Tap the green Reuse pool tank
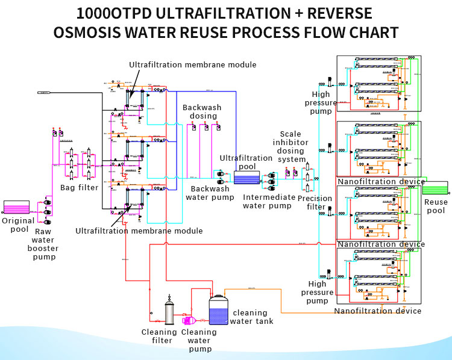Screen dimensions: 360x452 point(435,188)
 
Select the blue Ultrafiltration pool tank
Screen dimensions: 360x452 point(246,178)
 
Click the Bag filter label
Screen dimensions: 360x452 point(79,188)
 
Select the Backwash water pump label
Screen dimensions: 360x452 point(210,193)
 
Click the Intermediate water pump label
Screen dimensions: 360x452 point(269,201)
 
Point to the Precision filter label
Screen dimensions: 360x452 point(315,202)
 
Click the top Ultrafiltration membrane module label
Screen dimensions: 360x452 point(193,65)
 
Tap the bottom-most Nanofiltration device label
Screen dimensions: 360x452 point(378,311)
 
